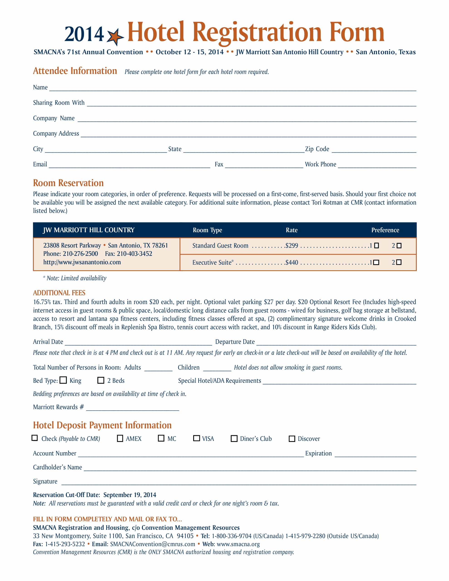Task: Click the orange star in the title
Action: pyautogui.click(x=115, y=37)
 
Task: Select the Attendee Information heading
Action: pyautogui.click(x=75, y=71)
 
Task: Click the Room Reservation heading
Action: pyautogui.click(x=68, y=183)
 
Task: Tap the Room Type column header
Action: pyautogui.click(x=207, y=230)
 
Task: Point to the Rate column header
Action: pyautogui.click(x=291, y=230)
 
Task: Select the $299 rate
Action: pyautogui.click(x=292, y=246)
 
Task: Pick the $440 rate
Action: pyautogui.click(x=292, y=263)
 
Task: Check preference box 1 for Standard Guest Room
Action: pyautogui.click(x=376, y=246)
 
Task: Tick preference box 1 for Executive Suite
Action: pyautogui.click(x=376, y=263)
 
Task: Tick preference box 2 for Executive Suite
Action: pyautogui.click(x=399, y=262)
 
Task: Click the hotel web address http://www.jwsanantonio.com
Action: pyautogui.click(x=82, y=262)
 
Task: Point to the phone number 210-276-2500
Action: pyautogui.click(x=80, y=254)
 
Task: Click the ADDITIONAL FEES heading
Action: pyautogui.click(x=59, y=293)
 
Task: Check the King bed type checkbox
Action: pyautogui.click(x=63, y=380)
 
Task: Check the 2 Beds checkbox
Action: pyautogui.click(x=101, y=380)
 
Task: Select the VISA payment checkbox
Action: pyautogui.click(x=196, y=438)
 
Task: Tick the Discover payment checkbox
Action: pyautogui.click(x=292, y=439)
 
